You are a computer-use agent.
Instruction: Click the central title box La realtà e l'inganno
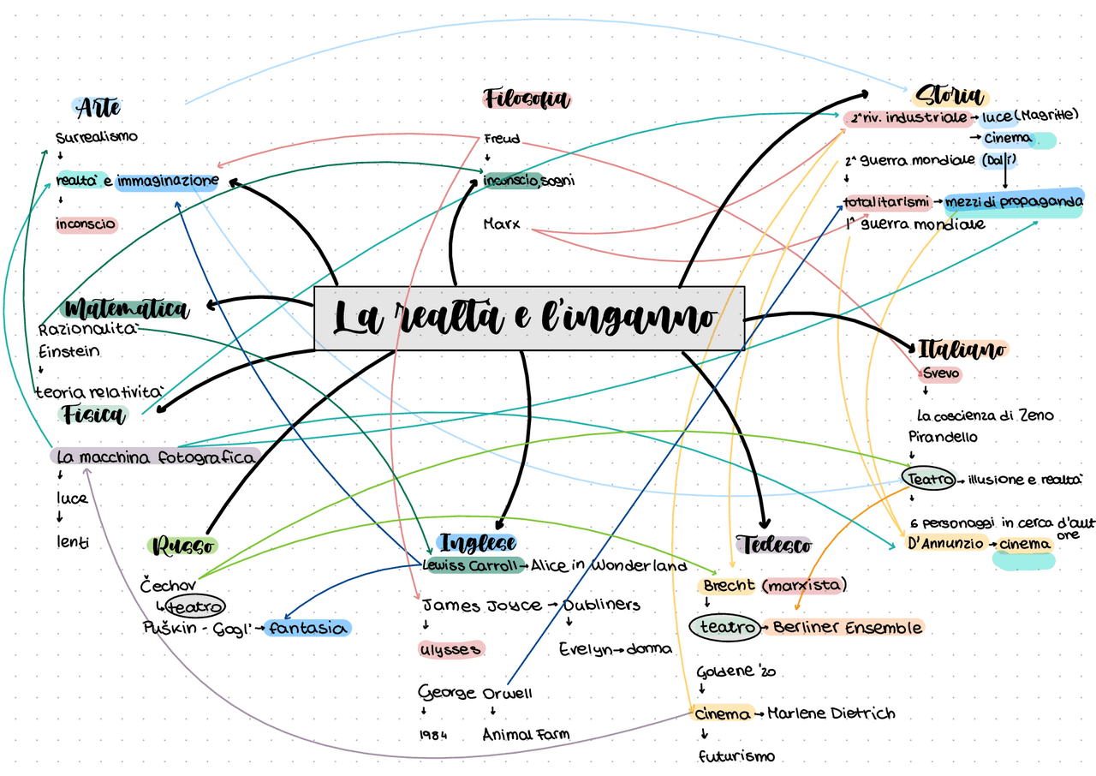pos(529,318)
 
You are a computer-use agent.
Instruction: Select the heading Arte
pos(98,108)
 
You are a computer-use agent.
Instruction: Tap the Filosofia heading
pos(527,99)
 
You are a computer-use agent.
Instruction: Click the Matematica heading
pos(126,308)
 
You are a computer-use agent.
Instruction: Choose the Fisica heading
pos(94,415)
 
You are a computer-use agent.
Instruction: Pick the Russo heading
pos(182,546)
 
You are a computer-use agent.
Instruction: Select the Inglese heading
pos(477,543)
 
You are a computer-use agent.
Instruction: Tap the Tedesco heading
pos(773,544)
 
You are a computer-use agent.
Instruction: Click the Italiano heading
pos(962,349)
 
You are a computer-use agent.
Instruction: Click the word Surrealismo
pos(96,137)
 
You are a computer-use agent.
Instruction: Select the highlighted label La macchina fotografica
pos(155,457)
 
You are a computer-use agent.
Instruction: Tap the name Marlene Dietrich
pos(831,713)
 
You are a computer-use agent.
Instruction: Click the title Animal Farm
pos(526,734)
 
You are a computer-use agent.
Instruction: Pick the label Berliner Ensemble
pos(847,628)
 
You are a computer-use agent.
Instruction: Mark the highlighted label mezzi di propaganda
pos(1014,202)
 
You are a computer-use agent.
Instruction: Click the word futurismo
pos(736,756)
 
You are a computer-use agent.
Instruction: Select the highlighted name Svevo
pos(941,374)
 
